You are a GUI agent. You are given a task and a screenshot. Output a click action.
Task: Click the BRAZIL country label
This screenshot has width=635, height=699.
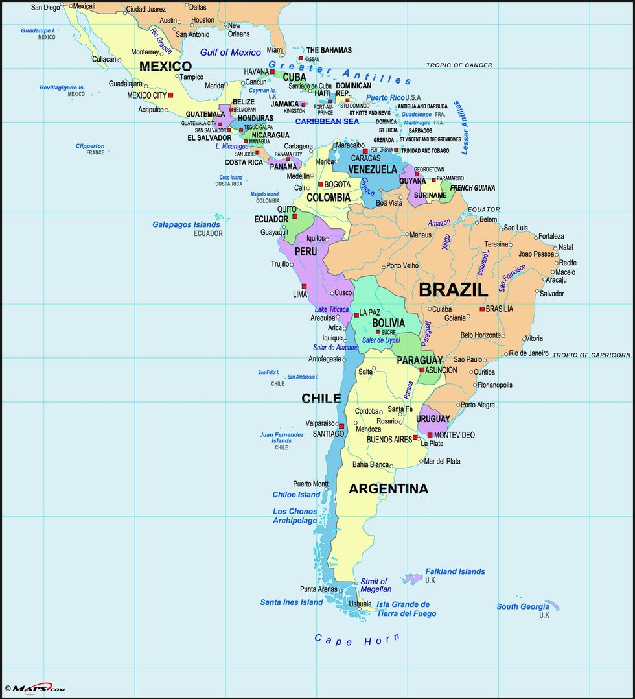[453, 290]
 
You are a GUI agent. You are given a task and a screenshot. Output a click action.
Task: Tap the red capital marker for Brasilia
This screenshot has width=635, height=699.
[482, 309]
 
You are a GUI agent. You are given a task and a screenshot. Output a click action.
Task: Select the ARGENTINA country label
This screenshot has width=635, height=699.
[388, 489]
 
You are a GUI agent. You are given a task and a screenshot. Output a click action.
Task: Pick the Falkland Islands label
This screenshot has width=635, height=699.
[455, 571]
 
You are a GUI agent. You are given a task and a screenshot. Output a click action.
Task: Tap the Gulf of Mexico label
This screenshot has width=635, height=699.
[230, 53]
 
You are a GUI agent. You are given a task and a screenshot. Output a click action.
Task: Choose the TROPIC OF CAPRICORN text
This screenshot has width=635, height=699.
[591, 355]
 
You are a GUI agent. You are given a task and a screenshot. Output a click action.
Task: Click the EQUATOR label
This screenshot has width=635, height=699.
[484, 209]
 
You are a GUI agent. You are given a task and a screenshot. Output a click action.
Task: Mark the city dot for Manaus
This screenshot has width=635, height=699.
[406, 235]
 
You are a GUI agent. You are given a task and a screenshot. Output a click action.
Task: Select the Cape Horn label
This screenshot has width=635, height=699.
[357, 640]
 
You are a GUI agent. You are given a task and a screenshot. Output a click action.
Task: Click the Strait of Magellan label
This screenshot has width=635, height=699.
[376, 585]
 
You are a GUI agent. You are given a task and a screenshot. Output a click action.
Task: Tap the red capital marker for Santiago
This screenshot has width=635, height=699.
[341, 426]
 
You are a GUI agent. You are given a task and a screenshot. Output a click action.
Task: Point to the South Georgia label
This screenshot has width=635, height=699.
[523, 606]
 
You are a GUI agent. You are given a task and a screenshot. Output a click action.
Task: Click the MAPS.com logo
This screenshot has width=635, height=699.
[36, 688]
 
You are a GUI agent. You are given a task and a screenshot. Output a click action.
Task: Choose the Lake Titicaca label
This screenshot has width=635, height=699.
[332, 309]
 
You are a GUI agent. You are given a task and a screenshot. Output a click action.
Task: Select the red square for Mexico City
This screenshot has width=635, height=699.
[170, 95]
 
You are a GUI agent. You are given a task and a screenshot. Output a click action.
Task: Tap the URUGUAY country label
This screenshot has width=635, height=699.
[433, 419]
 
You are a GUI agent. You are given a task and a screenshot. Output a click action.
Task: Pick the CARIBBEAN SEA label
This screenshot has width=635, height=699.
[327, 121]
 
